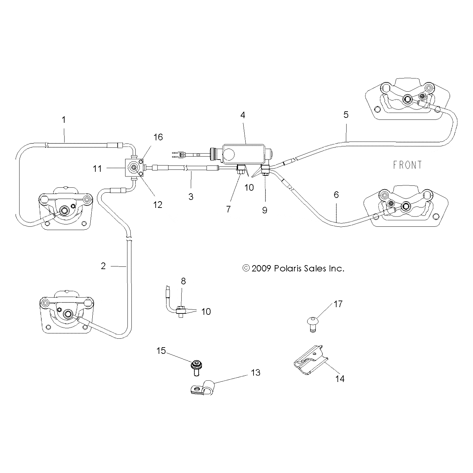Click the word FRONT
407,165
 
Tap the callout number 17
338,304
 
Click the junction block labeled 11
132,168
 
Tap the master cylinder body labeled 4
246,153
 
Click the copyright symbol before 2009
246,268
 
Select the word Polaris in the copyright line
287,268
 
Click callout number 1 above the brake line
64,119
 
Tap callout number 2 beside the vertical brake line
103,266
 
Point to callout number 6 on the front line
336,195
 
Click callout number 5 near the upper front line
346,115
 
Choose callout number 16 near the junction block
158,137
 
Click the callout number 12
158,205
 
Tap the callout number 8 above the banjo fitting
183,281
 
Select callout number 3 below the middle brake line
191,196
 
